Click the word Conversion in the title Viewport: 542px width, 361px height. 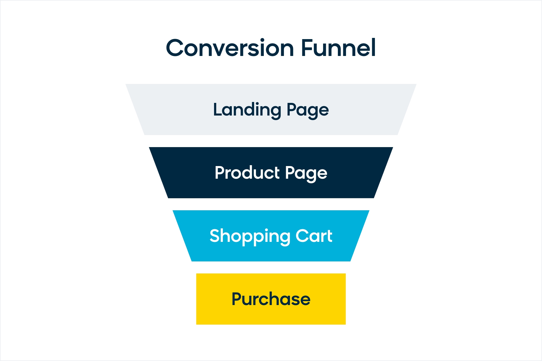pos(230,48)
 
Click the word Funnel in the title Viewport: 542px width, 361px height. pos(338,47)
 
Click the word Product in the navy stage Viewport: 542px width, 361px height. pos(247,173)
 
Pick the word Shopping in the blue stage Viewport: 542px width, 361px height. pos(250,236)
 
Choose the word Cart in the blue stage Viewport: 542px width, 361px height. pos(314,236)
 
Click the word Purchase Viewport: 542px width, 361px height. pos(271,299)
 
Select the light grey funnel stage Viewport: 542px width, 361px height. pos(271,110)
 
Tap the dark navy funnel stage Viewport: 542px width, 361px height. pos(271,173)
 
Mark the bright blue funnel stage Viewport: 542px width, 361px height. pos(271,236)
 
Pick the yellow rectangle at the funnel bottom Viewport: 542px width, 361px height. pos(271,299)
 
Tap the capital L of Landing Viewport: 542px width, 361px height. pos(218,109)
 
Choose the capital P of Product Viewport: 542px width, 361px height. pos(220,173)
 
